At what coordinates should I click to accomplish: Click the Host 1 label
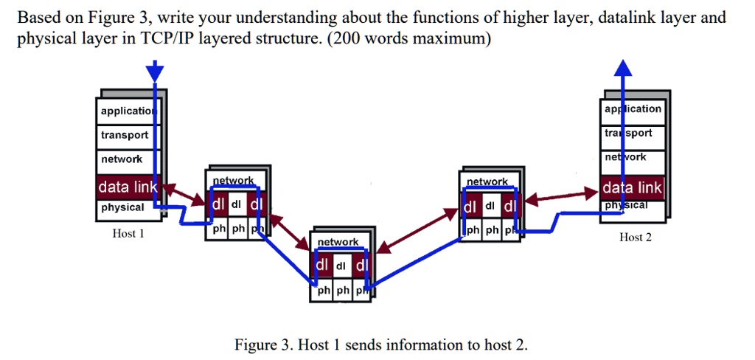tap(128, 234)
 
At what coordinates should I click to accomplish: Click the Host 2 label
tap(636, 237)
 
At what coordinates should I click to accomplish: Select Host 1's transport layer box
tap(125, 135)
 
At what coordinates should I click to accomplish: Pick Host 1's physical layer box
tap(123, 207)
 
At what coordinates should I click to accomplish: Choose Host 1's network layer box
tap(122, 159)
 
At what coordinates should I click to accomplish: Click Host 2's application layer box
tap(633, 108)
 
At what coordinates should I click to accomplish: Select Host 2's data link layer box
tap(633, 188)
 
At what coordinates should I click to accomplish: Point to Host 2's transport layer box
tap(633, 133)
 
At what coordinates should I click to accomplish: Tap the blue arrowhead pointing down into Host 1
tap(155, 72)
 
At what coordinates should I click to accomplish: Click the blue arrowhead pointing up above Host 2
tap(624, 68)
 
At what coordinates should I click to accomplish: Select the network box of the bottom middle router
tap(338, 242)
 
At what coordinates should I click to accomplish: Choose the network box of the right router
tap(487, 181)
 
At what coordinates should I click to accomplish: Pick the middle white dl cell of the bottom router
tap(340, 266)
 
